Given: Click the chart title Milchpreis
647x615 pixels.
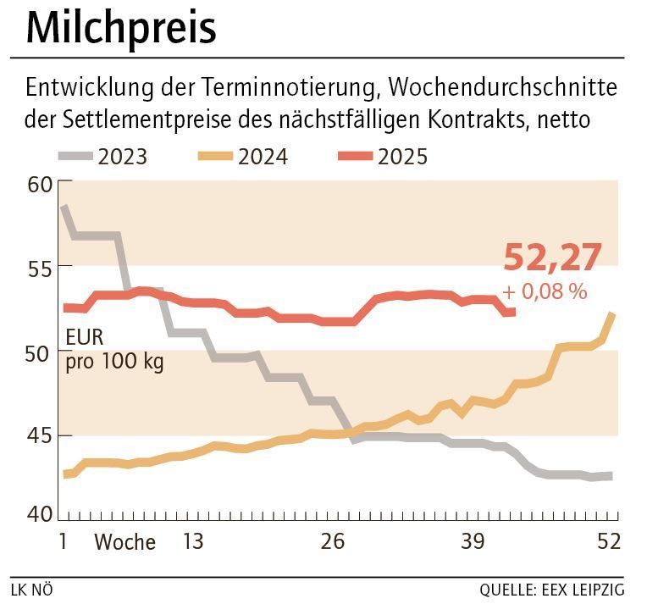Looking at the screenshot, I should coord(121,29).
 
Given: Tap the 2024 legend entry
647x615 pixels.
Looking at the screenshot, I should coord(242,157).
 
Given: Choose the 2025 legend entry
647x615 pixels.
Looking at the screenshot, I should coord(382,157).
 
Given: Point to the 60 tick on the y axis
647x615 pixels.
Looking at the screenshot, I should coord(41,184).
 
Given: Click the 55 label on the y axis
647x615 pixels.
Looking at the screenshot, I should coord(41,267).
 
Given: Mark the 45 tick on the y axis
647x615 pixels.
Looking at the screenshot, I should coord(41,435).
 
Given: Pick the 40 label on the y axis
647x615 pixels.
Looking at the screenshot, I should coord(41,513).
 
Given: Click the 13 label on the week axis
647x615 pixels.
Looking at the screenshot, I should coord(193,541).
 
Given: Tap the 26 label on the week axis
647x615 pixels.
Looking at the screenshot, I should coord(333,541).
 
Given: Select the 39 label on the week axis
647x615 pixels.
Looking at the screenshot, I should coord(473,541).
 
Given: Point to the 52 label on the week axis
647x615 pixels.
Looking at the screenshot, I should coord(609,541).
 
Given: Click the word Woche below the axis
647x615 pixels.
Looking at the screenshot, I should coord(124,542).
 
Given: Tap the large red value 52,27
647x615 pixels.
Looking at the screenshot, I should coord(552,257).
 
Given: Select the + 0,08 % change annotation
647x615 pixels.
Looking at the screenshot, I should coord(544,291).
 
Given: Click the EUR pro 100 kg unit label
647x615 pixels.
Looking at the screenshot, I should coord(113,350).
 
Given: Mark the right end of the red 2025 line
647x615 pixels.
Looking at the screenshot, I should coord(513,313).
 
